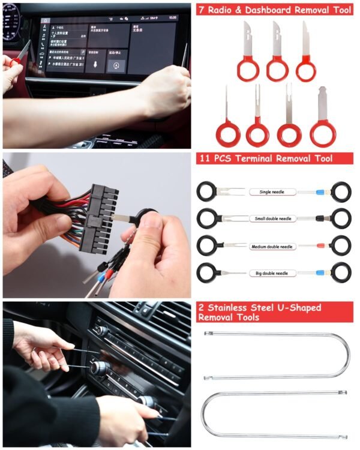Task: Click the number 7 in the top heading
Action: (202, 10)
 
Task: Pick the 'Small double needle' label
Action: (273, 219)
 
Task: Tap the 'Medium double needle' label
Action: (273, 246)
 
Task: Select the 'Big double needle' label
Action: (273, 273)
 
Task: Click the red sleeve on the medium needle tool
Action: (320, 245)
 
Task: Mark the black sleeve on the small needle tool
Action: (320, 218)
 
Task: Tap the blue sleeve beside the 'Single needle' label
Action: (320, 192)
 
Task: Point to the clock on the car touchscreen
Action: (173, 18)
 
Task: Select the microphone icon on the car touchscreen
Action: (95, 65)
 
